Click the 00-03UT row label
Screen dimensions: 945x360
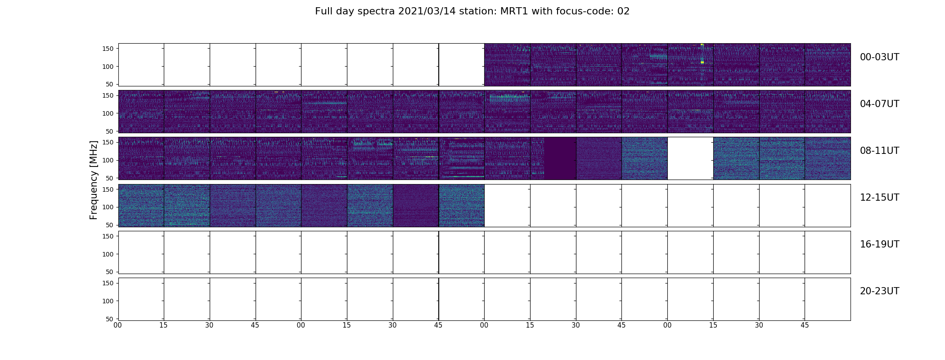879,57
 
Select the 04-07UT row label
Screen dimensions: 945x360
879,104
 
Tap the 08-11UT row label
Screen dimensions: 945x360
879,151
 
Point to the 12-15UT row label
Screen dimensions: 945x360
879,198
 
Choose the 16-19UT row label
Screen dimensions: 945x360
879,244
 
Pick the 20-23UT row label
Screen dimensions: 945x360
879,291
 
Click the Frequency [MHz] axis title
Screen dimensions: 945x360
94,180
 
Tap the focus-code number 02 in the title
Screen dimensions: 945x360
624,11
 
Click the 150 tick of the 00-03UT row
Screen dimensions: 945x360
108,49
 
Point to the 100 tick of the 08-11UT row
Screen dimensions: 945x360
108,160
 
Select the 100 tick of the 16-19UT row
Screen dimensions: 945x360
108,254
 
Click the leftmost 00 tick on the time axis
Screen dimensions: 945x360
118,325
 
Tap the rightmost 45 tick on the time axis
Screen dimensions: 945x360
805,325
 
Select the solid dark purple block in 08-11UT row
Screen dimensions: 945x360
560,158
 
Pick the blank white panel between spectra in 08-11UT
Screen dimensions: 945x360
690,158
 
